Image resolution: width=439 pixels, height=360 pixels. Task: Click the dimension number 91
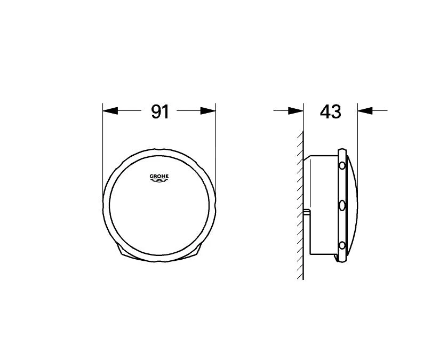160,111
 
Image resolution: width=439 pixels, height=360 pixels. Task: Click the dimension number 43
330,111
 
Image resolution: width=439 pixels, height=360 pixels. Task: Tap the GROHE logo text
159,177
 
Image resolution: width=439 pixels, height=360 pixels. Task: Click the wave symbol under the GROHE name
159,181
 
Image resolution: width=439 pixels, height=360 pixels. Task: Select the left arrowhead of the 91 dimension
110,111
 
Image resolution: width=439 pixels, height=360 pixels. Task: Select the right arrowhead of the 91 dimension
209,111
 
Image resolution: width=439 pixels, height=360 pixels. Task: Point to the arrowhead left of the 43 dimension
296,111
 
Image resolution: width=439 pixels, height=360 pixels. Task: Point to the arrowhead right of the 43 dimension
365,111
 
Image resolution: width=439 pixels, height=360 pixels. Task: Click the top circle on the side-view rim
342,166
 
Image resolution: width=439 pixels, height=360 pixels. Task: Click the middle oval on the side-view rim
342,206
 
